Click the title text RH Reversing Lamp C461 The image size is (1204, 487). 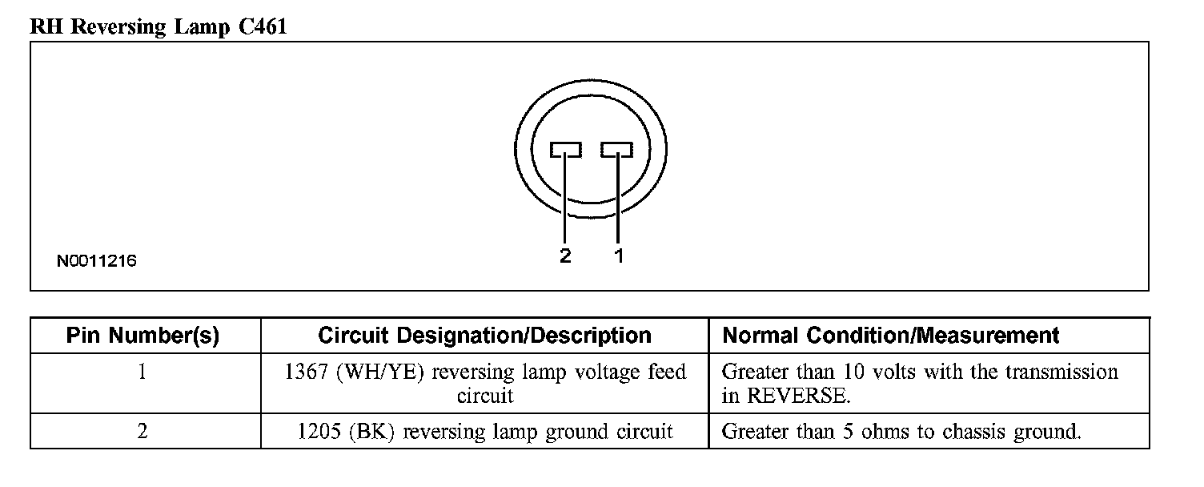click(x=158, y=26)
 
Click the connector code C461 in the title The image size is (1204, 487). click(x=262, y=26)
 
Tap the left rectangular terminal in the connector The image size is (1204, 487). click(x=566, y=150)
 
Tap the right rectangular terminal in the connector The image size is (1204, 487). click(x=617, y=150)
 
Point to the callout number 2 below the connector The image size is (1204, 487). click(x=565, y=256)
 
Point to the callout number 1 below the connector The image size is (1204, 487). click(x=619, y=256)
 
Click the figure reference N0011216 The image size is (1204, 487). click(x=96, y=261)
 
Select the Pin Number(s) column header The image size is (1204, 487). click(x=142, y=336)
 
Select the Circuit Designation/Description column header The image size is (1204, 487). click(x=484, y=336)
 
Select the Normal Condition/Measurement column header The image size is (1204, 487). click(x=891, y=336)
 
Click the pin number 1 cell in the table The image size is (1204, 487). click(x=142, y=372)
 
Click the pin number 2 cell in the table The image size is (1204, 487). click(x=142, y=432)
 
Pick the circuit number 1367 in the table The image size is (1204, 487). click(x=301, y=372)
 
